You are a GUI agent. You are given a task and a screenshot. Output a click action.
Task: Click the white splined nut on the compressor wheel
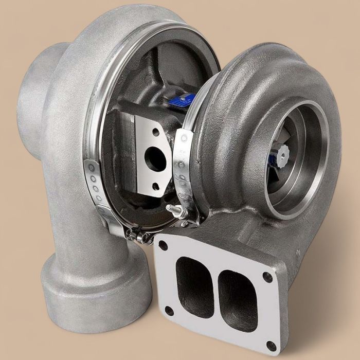pos(283,151)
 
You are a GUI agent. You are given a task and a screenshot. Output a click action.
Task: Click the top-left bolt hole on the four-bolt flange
pos(163,245)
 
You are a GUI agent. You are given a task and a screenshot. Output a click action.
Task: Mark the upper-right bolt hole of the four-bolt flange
pos(268,277)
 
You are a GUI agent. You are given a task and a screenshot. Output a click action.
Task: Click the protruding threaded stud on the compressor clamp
pos(174,209)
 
